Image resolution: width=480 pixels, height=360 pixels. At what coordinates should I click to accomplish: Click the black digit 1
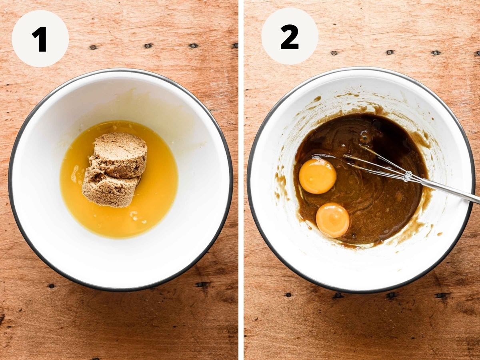point(40,39)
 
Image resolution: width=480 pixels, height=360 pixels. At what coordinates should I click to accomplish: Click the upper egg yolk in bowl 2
point(318,176)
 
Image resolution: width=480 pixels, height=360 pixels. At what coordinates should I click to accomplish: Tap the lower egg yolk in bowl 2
point(333,220)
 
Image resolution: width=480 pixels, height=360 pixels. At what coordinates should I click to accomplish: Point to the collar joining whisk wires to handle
point(407,176)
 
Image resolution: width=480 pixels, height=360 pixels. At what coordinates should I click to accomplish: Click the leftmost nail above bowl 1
point(93,47)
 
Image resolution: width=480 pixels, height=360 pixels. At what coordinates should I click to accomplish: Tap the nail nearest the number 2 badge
point(334,53)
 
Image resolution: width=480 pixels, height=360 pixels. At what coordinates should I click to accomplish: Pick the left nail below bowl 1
point(51,286)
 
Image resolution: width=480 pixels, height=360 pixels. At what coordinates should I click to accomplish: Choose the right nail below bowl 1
point(200,284)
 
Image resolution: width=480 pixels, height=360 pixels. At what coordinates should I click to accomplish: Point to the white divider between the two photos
point(241,180)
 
